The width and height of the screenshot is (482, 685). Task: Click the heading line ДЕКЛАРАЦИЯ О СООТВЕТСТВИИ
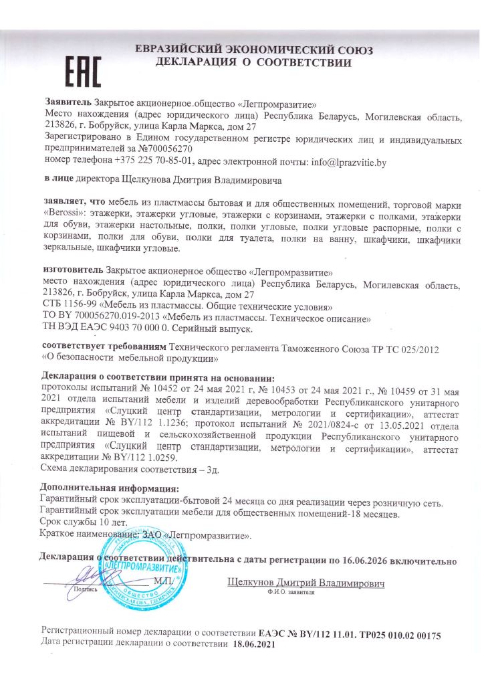click(253, 64)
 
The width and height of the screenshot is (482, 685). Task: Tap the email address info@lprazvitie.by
click(348, 162)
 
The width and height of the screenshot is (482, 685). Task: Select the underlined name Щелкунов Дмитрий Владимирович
click(307, 583)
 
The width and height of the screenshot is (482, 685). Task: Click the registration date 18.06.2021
click(253, 644)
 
